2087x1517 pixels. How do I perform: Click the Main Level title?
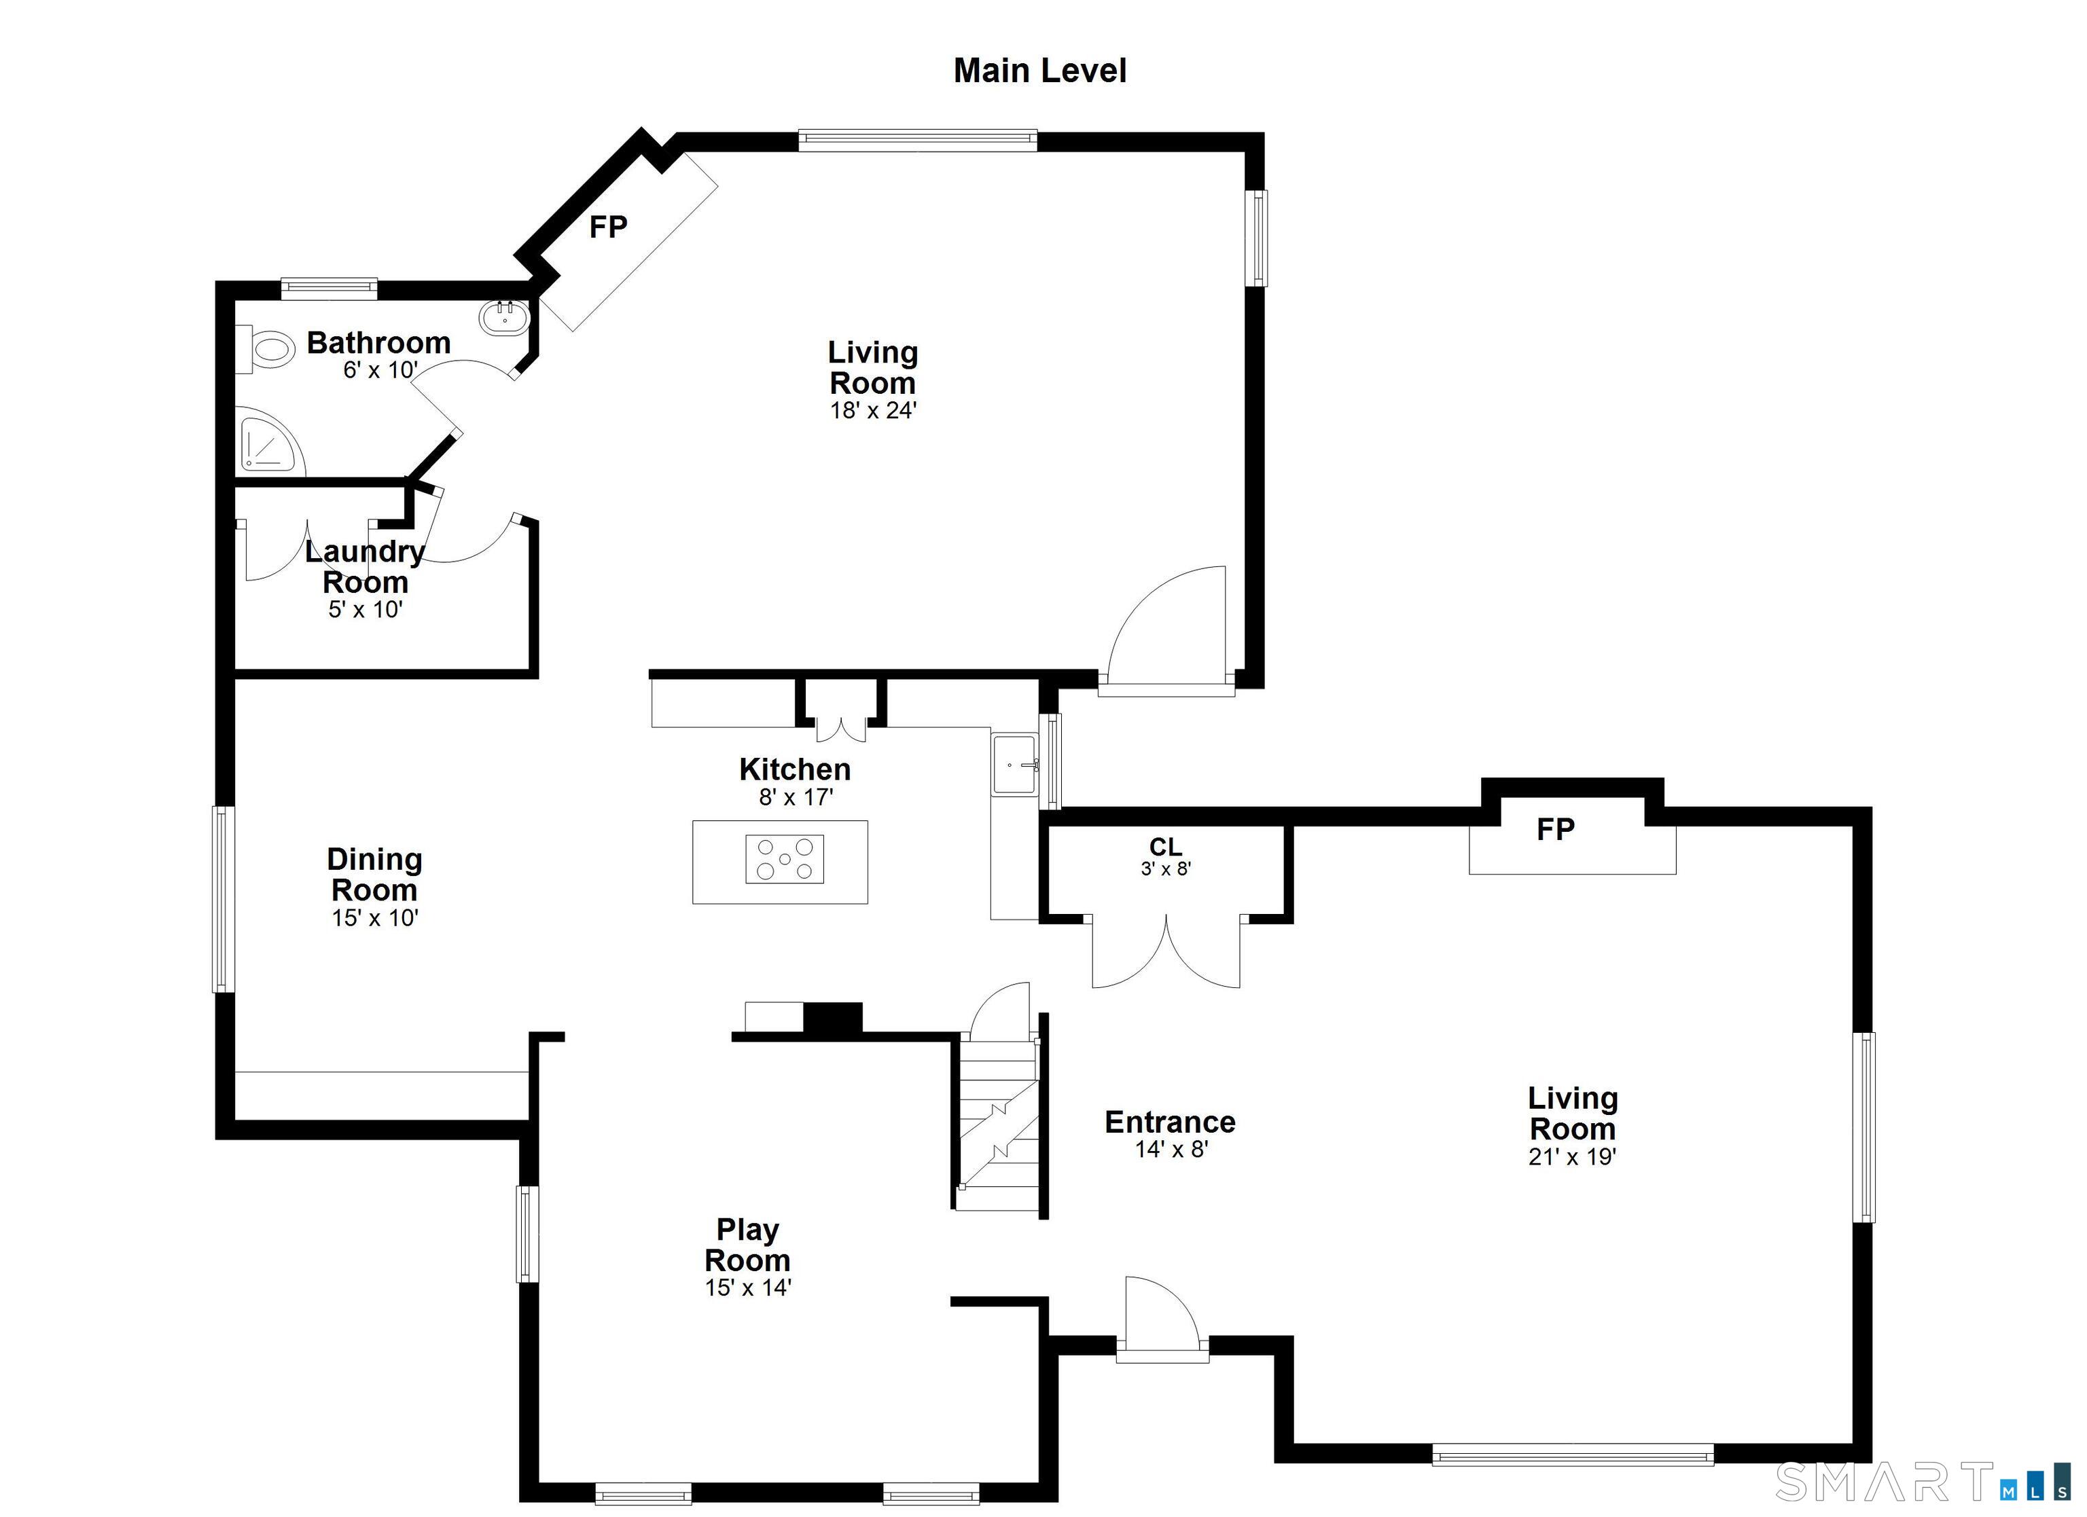tap(1040, 71)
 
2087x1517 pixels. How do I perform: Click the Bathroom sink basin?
tap(504, 318)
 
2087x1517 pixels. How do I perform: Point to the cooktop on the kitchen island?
tap(784, 859)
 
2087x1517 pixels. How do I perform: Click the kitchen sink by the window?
tap(1014, 765)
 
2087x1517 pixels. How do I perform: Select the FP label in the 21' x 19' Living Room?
tap(1555, 830)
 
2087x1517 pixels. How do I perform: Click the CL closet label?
tap(1165, 846)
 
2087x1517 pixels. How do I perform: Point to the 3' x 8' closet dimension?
tap(1166, 869)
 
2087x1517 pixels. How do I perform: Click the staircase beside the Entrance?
tap(999, 1125)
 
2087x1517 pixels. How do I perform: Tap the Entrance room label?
tap(1170, 1122)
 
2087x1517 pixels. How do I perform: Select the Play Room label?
tap(747, 1245)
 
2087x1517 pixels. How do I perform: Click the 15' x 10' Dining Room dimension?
tap(374, 918)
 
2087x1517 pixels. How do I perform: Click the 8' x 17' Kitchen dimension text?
tap(795, 798)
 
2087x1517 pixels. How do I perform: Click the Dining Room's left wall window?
tap(223, 899)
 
